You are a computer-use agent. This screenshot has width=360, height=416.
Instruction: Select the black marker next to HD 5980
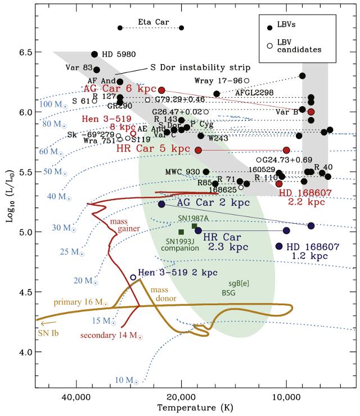coord(94,54)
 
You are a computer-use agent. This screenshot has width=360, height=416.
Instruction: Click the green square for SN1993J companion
coord(181,232)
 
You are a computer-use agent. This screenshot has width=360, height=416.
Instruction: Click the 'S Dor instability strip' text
coord(189,68)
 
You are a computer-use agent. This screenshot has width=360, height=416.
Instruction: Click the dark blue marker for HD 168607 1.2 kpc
coord(279,246)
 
